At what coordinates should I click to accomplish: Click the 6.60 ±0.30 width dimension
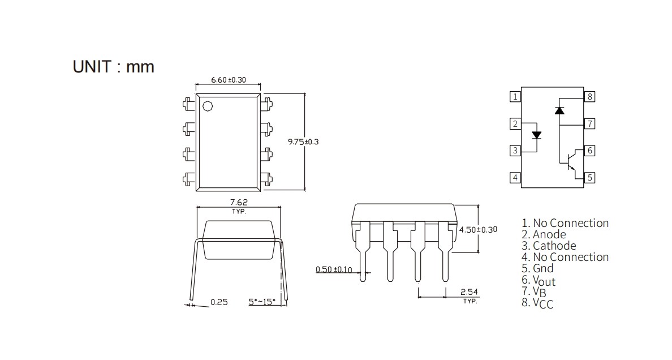point(229,80)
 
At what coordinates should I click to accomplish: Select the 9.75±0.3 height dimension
point(303,142)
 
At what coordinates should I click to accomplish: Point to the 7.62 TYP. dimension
point(239,206)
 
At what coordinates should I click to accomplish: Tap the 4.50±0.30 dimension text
point(479,230)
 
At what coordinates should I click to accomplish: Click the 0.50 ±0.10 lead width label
point(334,269)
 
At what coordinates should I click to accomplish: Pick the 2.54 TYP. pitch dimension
point(469,296)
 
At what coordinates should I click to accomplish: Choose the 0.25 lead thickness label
point(219,302)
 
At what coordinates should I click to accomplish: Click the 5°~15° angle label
point(262,302)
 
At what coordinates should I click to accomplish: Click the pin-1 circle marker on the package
point(208,105)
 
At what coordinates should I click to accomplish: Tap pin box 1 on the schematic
point(515,97)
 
